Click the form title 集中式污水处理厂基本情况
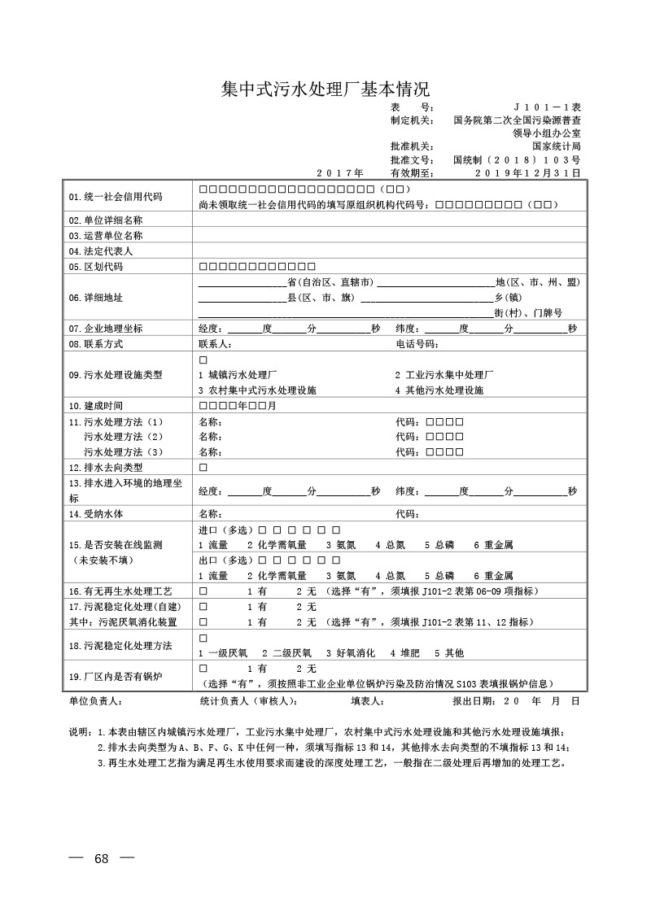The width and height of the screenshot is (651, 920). coord(325,88)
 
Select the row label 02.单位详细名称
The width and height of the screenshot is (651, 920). coord(106,220)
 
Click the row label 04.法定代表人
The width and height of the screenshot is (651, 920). coord(101,251)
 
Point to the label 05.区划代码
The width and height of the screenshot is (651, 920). coord(96,267)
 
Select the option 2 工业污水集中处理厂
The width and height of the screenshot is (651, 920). coord(444,375)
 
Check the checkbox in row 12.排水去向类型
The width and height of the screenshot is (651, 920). coord(203,468)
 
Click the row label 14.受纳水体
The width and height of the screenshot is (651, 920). coord(96,514)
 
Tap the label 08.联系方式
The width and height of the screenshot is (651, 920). coord(96,344)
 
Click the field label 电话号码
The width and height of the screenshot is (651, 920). coord(417,344)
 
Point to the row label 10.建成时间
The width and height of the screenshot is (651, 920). coord(96,405)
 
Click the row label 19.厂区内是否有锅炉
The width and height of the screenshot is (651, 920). coord(111,675)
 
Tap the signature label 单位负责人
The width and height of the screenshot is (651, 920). coord(96,700)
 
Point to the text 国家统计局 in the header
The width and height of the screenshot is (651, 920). coord(557,146)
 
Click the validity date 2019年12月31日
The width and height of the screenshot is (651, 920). coord(527,172)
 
